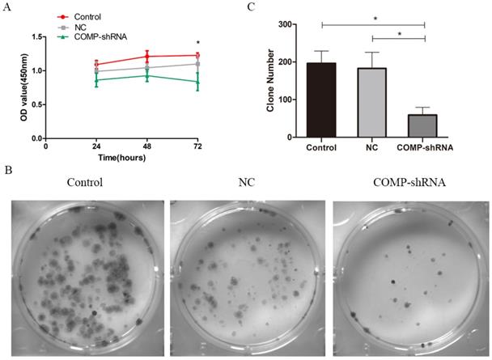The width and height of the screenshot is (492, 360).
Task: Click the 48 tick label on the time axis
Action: tap(146, 147)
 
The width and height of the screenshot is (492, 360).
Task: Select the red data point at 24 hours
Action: tap(96, 64)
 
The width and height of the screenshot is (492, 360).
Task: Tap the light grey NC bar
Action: tap(373, 103)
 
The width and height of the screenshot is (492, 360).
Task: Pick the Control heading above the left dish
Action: tap(85, 182)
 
